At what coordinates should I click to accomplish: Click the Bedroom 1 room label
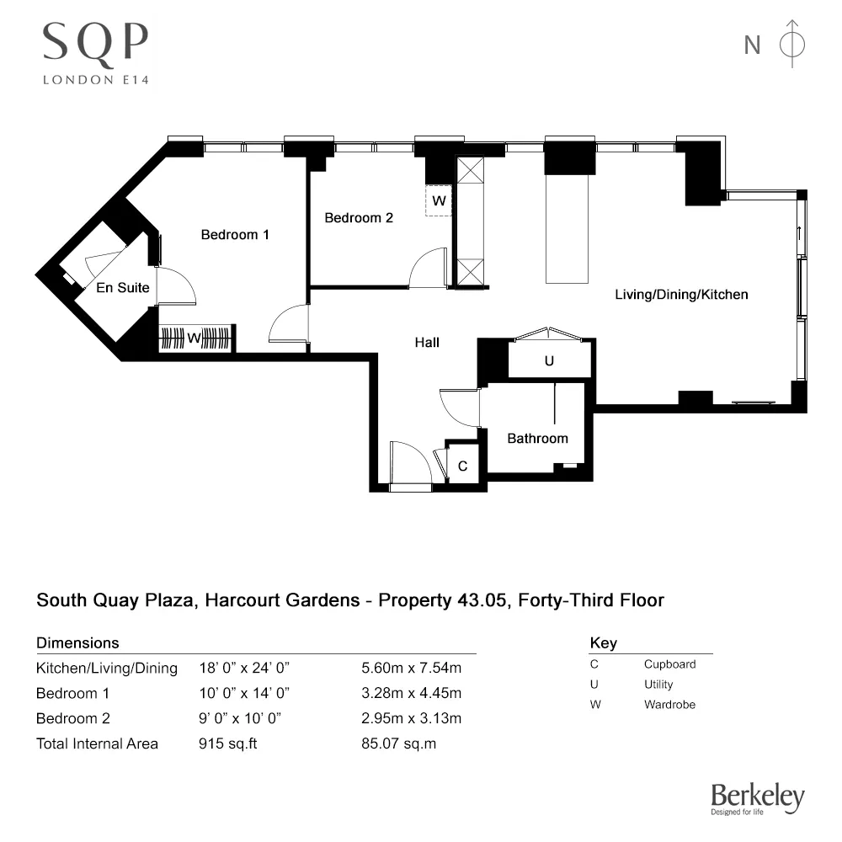pos(235,235)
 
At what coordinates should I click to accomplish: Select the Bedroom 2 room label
pos(359,217)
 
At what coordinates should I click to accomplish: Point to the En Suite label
pos(123,287)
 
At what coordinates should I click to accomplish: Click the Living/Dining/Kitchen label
pos(681,295)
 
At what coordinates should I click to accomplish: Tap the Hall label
pos(427,343)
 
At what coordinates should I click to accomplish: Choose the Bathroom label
pos(537,438)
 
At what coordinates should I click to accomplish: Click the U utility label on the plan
pos(549,361)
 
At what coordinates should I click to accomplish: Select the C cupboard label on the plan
pos(462,466)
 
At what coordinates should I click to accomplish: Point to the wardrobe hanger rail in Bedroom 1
pos(195,338)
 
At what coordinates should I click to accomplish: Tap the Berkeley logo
pos(757,798)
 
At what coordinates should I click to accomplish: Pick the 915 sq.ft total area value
pos(228,743)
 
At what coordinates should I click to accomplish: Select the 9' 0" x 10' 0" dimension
pos(239,719)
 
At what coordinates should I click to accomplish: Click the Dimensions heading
pos(77,643)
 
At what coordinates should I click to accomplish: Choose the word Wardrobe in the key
pos(669,705)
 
